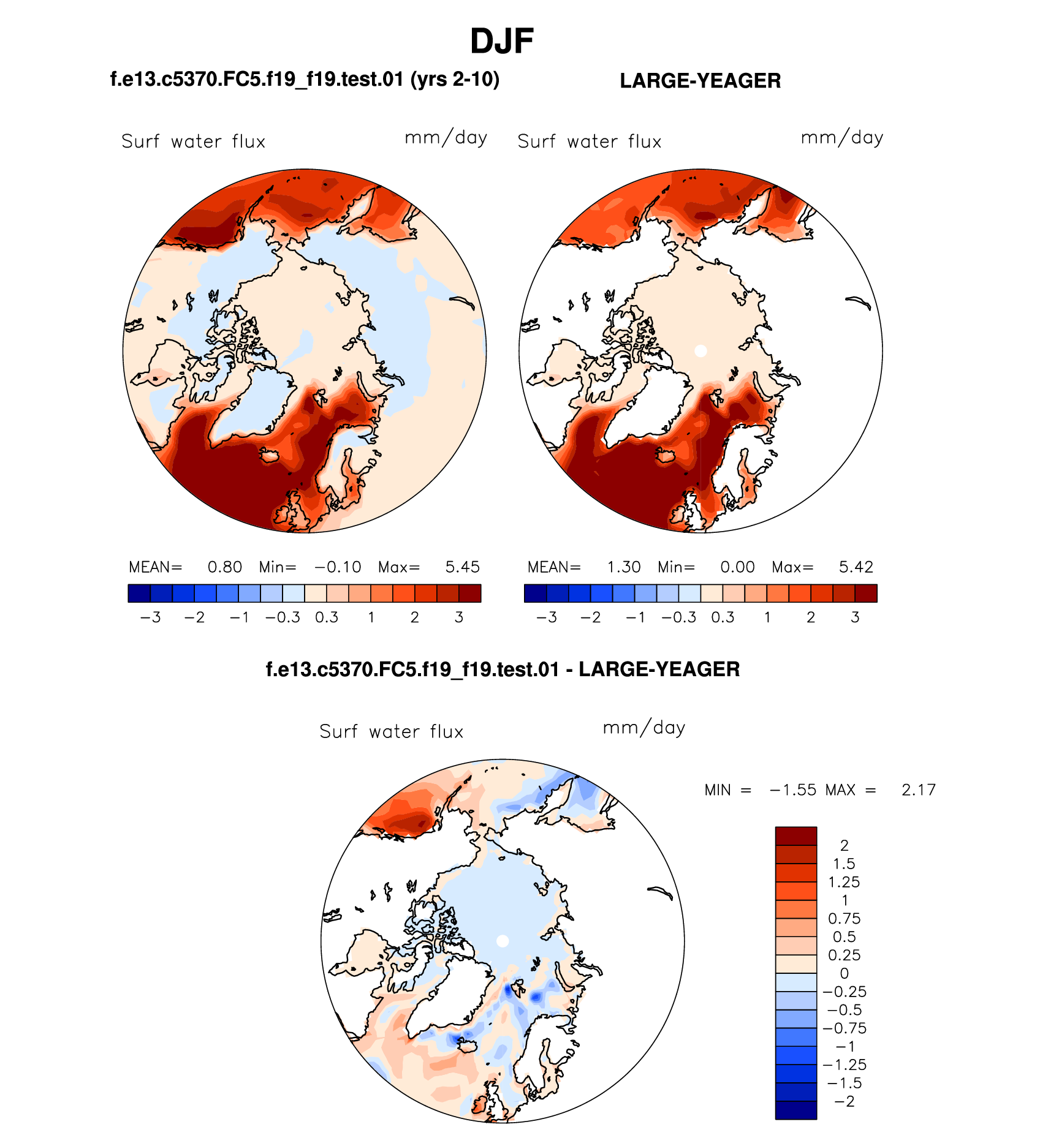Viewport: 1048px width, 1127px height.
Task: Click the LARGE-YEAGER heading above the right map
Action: [700, 81]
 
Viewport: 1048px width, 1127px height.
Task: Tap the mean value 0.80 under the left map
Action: [224, 567]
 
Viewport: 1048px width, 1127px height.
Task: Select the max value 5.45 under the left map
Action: [462, 567]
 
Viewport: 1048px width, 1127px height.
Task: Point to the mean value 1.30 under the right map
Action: [623, 567]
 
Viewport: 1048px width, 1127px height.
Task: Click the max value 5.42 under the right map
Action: [856, 567]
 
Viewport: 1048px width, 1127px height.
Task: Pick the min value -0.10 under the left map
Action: [338, 567]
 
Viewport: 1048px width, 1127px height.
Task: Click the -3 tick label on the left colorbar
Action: [150, 617]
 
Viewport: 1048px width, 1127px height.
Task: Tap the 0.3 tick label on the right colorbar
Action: [723, 617]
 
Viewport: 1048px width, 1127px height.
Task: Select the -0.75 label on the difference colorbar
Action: [845, 1028]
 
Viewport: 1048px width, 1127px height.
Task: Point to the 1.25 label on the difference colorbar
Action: [845, 882]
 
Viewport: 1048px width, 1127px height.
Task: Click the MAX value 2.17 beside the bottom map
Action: [918, 790]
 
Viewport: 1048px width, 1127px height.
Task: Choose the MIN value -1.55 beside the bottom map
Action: [793, 790]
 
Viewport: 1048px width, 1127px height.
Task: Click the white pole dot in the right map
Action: [701, 351]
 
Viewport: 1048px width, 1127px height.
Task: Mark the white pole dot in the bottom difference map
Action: [503, 941]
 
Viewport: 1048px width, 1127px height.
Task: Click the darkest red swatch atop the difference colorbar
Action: [795, 836]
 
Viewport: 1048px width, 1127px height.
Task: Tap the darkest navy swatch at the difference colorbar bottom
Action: [795, 1110]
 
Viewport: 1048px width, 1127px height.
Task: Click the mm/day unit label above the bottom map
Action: [644, 728]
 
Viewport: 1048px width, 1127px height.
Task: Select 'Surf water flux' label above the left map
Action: [193, 142]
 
